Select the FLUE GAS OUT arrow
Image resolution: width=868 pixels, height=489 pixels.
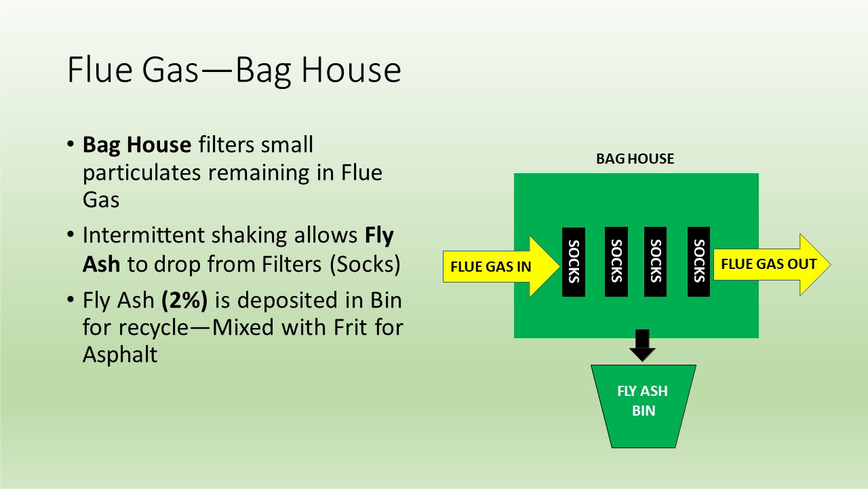pos(772,264)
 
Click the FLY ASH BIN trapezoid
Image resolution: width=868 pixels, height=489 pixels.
pos(644,406)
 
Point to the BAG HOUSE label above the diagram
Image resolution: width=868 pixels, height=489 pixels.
pos(635,159)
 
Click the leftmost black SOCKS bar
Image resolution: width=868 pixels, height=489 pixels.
pos(574,262)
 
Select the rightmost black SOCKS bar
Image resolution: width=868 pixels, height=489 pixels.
pos(698,262)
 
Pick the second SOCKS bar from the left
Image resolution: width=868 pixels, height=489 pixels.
pos(616,262)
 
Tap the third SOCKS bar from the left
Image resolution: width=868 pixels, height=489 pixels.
pos(655,262)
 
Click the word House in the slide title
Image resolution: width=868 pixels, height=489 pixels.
pos(351,70)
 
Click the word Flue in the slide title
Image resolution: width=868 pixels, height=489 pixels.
pos(100,70)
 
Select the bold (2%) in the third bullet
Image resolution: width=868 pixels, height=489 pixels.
pos(184,300)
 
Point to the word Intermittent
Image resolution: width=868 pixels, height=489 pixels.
pos(143,235)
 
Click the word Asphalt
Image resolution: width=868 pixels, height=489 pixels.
pos(120,355)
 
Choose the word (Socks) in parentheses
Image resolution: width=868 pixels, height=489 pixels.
pos(365,264)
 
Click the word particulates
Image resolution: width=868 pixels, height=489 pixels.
pos(142,173)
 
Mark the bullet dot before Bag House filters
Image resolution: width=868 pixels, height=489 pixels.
pos(70,144)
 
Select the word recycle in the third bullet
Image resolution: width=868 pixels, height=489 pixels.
pos(153,328)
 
